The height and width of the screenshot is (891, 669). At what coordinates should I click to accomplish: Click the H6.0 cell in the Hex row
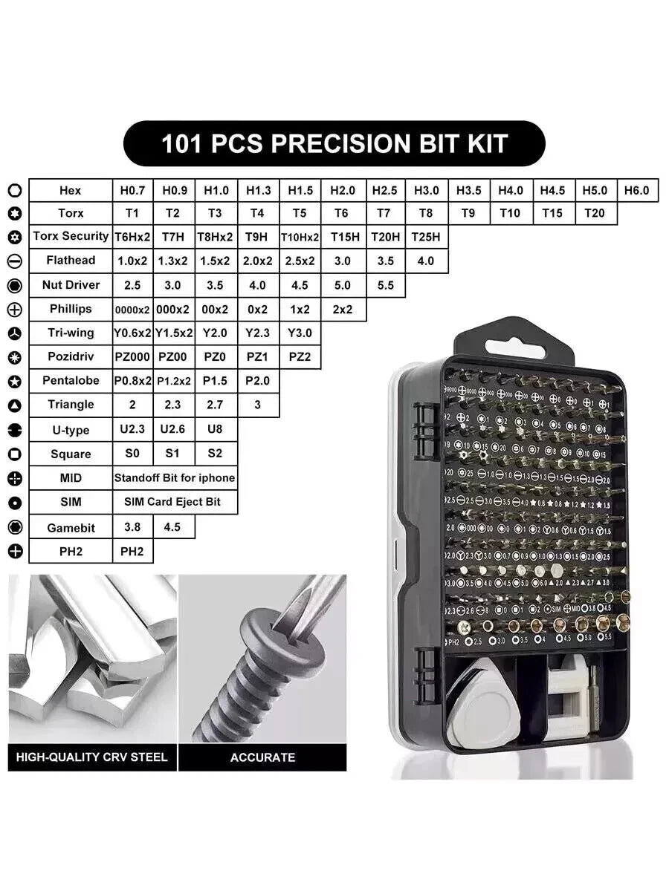(x=636, y=190)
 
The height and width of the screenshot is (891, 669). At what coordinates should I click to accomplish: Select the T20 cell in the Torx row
(x=595, y=213)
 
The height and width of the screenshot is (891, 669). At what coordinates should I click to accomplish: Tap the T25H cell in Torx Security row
(x=426, y=237)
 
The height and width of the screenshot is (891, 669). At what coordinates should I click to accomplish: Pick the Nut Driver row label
(x=71, y=284)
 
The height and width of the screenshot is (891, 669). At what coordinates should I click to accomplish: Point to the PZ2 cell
(x=300, y=356)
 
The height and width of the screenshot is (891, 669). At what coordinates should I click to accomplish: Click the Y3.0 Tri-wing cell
(x=300, y=333)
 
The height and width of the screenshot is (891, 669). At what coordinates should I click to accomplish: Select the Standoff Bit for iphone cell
(x=175, y=478)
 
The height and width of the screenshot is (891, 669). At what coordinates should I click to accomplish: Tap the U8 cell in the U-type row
(x=215, y=429)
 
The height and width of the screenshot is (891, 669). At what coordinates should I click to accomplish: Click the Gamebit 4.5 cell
(x=173, y=526)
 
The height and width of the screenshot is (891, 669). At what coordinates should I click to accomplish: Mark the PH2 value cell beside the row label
(x=132, y=552)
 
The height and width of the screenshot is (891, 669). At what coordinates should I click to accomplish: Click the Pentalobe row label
(x=71, y=381)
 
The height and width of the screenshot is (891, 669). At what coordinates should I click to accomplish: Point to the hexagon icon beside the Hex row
(x=15, y=191)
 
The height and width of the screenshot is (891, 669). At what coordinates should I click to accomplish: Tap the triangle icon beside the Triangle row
(x=15, y=405)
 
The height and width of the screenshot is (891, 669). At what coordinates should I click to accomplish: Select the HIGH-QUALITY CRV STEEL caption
(x=92, y=757)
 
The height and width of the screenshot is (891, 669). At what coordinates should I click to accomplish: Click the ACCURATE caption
(x=262, y=757)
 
